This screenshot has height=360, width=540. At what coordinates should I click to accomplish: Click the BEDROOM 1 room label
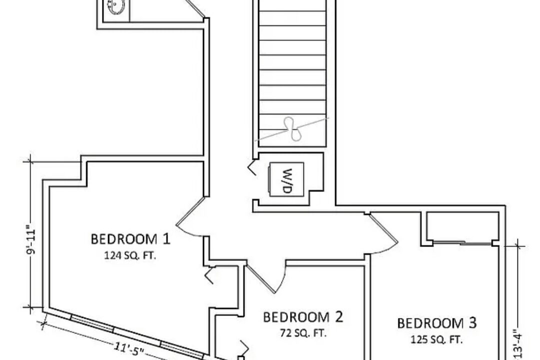tap(130, 238)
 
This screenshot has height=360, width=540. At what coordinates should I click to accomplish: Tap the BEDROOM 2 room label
tap(303, 317)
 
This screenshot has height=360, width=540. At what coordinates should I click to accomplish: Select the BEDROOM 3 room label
tap(437, 323)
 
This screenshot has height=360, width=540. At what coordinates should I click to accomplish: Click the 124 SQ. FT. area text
tap(130, 256)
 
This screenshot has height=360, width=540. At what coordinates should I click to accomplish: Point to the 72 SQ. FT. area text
tap(303, 333)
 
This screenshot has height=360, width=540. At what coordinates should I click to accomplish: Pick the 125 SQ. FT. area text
tap(436, 339)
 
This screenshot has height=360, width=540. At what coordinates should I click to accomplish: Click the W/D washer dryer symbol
tap(286, 179)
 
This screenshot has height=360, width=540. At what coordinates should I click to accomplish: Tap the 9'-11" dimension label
tap(31, 240)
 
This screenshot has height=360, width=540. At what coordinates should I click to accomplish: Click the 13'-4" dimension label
tap(519, 344)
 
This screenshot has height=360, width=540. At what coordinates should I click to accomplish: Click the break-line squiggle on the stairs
tap(292, 129)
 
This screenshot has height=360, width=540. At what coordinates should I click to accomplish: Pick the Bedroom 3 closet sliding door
tap(462, 243)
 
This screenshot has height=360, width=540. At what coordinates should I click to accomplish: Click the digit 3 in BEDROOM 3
tap(472, 323)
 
